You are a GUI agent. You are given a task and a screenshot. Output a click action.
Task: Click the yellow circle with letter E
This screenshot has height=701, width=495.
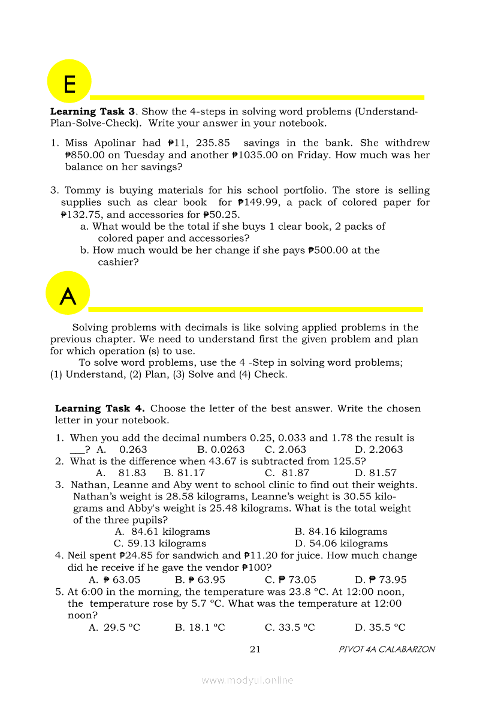tap(69, 82)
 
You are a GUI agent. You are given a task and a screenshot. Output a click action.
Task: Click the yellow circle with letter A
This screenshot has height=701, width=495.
tap(68, 293)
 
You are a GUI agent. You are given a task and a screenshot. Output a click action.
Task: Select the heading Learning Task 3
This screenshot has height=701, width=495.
tap(92, 112)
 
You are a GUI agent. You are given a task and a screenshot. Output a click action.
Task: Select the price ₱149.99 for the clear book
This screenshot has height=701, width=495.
tap(258, 202)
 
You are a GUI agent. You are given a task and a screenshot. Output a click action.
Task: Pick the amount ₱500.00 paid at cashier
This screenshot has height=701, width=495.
tap(327, 250)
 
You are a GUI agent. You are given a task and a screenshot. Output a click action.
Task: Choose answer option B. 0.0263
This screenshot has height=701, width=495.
tap(221, 449)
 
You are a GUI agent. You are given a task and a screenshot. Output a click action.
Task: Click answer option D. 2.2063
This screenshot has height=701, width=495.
tap(378, 449)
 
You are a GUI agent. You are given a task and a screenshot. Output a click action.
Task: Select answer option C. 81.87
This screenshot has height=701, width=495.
tap(287, 473)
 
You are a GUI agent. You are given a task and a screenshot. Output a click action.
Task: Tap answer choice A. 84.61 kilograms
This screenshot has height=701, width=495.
tap(162, 532)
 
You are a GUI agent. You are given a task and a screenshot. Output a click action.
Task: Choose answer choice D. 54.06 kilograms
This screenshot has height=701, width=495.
tap(341, 543)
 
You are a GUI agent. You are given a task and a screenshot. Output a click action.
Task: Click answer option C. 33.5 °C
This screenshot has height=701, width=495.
tap(289, 627)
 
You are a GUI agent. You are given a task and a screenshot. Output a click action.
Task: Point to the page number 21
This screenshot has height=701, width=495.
tap(255, 649)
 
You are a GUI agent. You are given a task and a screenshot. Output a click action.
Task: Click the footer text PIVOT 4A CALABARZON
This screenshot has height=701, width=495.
tap(387, 649)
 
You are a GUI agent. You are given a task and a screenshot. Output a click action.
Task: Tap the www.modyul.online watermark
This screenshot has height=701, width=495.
tap(248, 680)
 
